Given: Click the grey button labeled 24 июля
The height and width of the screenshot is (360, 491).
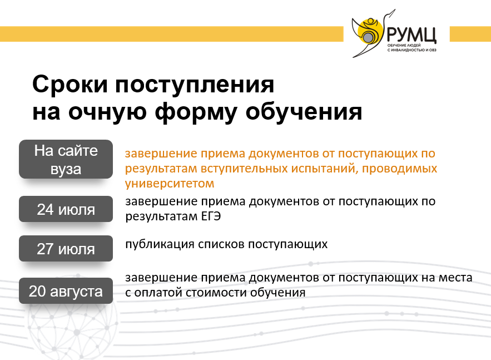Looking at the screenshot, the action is (66, 209).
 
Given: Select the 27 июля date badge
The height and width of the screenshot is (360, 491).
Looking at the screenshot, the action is (66, 249).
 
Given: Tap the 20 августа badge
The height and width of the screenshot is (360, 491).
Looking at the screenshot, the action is (66, 291).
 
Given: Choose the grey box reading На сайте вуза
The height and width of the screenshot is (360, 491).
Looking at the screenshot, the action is (66, 159).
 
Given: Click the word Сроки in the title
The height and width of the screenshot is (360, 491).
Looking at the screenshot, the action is (70, 85).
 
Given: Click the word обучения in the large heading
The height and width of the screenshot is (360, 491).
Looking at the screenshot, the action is (304, 112).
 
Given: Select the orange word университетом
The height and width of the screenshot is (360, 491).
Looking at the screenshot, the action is (170, 183).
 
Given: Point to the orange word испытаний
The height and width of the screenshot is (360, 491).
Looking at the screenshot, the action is (325, 169).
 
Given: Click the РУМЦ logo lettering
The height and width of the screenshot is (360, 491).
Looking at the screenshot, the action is (411, 34).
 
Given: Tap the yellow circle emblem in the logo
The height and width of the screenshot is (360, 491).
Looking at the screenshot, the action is (370, 31).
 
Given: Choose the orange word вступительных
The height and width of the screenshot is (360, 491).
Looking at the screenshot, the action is (244, 169).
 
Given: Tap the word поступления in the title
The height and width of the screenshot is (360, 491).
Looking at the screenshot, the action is (195, 85).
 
